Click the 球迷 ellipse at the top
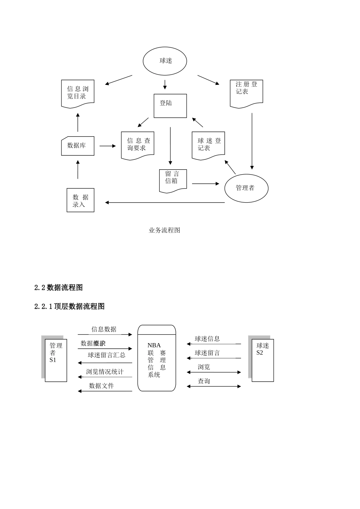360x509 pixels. (x=165, y=61)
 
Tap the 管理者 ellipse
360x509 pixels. (x=246, y=188)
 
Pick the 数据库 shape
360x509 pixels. (x=78, y=146)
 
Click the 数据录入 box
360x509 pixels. (x=80, y=200)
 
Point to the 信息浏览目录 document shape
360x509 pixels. (x=78, y=93)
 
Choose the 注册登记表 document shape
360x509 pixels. (x=246, y=93)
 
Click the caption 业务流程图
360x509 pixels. (x=164, y=230)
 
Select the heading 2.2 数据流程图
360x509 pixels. (x=58, y=288)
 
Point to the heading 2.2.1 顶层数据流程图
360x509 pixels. (x=69, y=307)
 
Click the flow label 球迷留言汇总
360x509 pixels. (x=106, y=356)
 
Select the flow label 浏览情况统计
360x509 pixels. (x=105, y=372)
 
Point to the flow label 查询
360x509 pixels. (x=204, y=381)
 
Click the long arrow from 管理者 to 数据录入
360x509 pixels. (x=165, y=203)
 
